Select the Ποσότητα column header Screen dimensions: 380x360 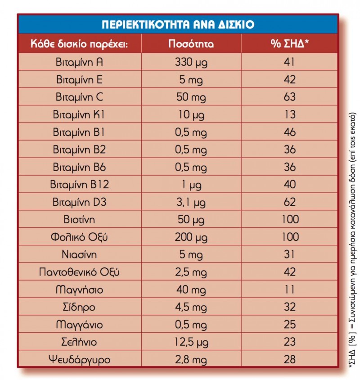[x=191, y=44]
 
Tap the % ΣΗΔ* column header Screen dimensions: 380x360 [x=290, y=44]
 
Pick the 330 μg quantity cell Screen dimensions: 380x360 [x=191, y=62]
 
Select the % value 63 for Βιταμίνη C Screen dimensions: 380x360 [x=290, y=97]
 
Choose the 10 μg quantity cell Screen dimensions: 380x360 [x=191, y=114]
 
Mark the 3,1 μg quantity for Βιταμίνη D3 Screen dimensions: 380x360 [x=191, y=202]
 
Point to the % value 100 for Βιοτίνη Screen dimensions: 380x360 [x=290, y=220]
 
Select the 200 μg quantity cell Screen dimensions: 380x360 [x=191, y=237]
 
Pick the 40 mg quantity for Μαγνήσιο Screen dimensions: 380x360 [x=191, y=290]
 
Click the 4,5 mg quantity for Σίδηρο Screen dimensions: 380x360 [x=191, y=307]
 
